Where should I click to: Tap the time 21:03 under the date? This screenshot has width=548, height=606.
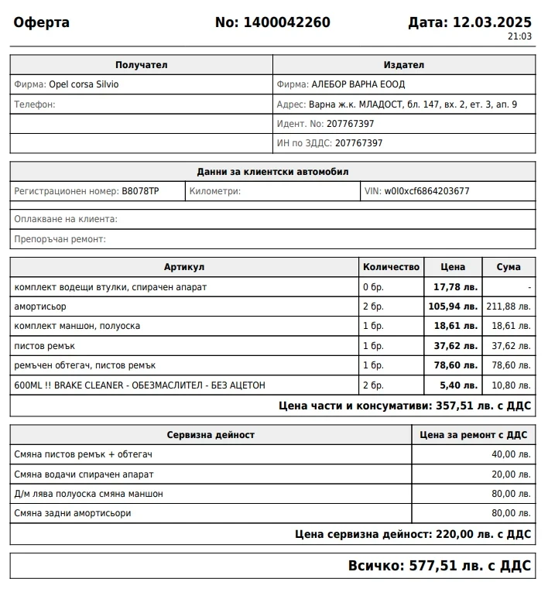point(519,36)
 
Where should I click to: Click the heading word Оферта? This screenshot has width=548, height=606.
point(42,22)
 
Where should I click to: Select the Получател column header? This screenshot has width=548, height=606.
point(141,65)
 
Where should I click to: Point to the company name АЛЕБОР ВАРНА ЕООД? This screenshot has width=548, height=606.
point(358,84)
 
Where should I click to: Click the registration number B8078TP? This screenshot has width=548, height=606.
point(140,191)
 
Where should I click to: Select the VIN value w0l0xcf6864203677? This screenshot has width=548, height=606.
point(426,191)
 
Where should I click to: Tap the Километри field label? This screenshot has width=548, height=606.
point(214,191)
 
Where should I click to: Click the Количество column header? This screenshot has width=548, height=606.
point(391,267)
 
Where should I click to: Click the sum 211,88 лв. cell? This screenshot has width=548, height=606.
point(508,306)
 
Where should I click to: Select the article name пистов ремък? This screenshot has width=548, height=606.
point(44,345)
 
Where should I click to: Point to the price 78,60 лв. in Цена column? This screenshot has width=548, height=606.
point(453,365)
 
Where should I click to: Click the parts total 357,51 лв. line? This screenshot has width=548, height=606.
point(404,406)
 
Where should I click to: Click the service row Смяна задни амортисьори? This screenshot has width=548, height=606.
point(73,512)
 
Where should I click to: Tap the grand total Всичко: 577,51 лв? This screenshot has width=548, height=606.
point(439,566)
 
